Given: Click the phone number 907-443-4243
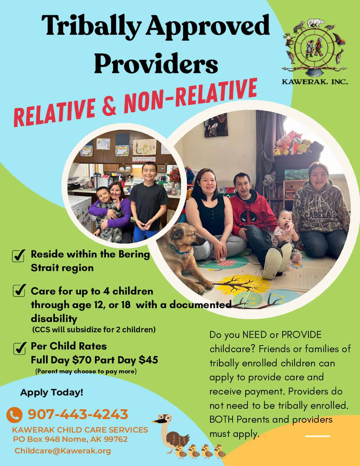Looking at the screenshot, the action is (78, 414).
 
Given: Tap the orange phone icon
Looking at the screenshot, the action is (14, 415).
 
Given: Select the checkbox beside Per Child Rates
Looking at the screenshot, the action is (20, 349).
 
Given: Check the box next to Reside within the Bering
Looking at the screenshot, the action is (19, 256).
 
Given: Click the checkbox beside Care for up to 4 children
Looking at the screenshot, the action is (19, 291).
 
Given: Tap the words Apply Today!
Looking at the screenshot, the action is (52, 393).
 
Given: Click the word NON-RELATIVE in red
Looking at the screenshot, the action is (190, 96).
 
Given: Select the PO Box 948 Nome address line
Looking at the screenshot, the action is (70, 439).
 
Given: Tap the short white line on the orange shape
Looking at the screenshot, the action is (318, 436).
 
